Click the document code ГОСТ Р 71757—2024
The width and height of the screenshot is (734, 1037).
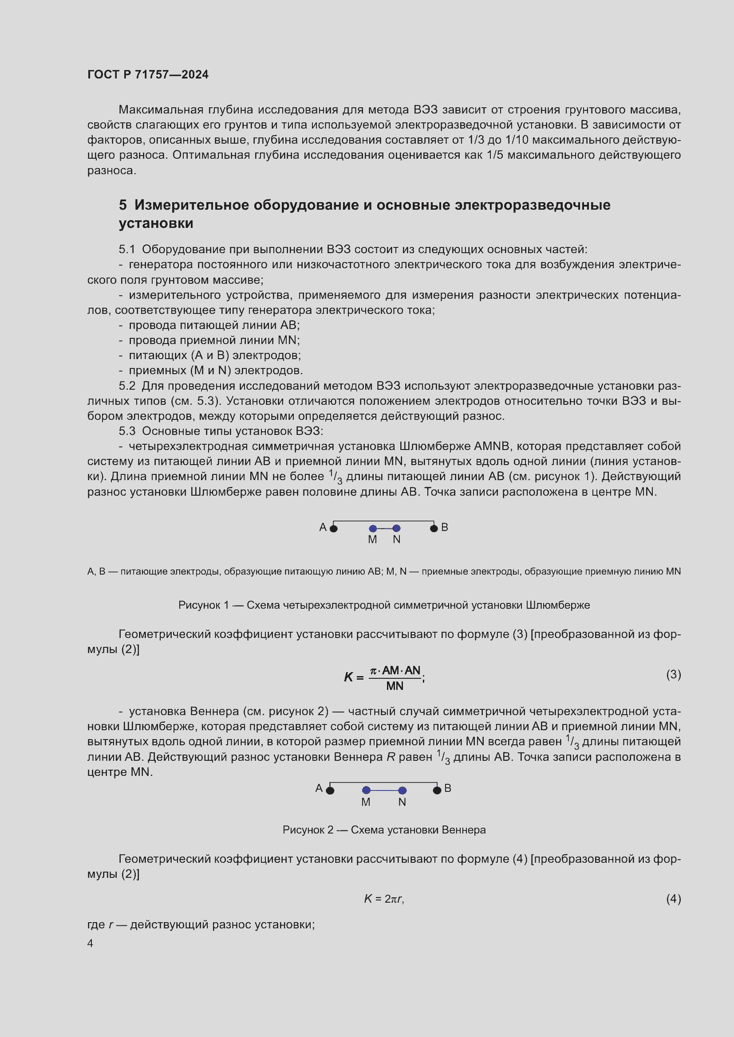148,74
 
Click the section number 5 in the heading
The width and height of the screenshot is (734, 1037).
122,205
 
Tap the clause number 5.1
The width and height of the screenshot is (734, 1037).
126,249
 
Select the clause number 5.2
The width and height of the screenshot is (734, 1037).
126,386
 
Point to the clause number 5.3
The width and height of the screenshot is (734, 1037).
126,431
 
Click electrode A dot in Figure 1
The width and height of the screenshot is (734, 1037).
334,528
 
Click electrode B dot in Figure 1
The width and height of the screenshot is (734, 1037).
434,528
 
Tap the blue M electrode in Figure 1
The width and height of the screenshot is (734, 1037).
373,528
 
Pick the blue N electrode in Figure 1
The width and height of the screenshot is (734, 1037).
396,528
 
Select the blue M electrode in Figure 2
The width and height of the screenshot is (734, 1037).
367,790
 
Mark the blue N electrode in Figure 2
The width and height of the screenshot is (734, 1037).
402,790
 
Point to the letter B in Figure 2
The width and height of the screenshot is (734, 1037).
447,788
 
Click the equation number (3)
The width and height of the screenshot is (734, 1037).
673,675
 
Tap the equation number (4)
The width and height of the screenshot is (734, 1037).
673,899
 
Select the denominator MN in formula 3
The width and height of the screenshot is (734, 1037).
395,686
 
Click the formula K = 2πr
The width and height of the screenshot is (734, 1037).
384,899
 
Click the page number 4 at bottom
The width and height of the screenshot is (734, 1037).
90,943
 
